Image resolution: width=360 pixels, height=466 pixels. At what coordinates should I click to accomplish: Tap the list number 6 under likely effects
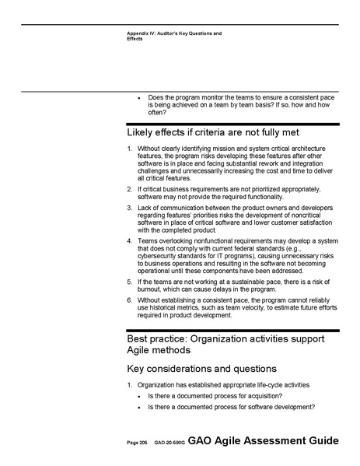click(129, 300)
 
